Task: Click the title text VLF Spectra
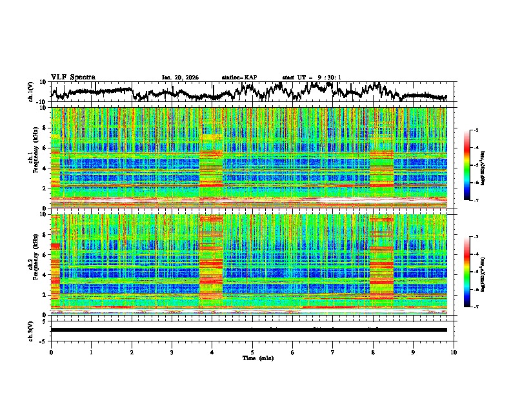[x=73, y=77]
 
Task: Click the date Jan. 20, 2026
[x=180, y=77]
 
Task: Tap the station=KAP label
[x=239, y=77]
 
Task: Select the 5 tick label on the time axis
[x=252, y=352]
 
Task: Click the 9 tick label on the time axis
[x=414, y=352]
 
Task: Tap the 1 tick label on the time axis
[x=91, y=352]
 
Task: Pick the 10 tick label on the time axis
[x=454, y=352]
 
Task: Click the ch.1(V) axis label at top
[x=31, y=92]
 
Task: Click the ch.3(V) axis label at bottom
[x=31, y=330]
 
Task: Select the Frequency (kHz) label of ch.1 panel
[x=31, y=157]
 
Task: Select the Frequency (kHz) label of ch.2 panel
[x=31, y=264]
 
